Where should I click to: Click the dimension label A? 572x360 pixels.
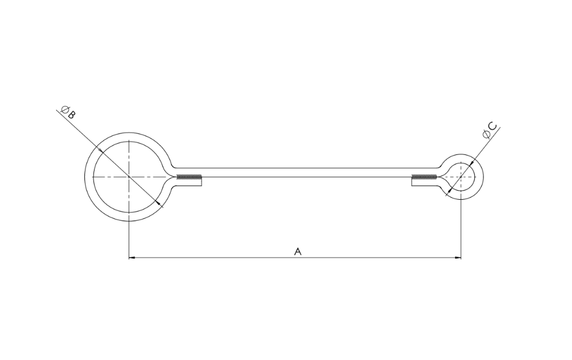tap(297, 252)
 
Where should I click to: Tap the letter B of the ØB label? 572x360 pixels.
tap(71, 115)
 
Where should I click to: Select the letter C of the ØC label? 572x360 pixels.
tap(492, 127)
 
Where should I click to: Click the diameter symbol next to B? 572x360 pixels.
tap(65, 109)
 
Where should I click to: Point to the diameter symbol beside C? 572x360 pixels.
tap(486, 134)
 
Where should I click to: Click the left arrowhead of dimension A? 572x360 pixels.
tap(132, 258)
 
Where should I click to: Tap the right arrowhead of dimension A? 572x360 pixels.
tap(458, 258)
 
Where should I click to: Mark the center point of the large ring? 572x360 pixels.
tap(129, 177)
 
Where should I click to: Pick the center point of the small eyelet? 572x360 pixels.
tap(461, 177)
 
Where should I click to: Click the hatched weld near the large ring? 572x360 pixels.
tap(189, 177)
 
